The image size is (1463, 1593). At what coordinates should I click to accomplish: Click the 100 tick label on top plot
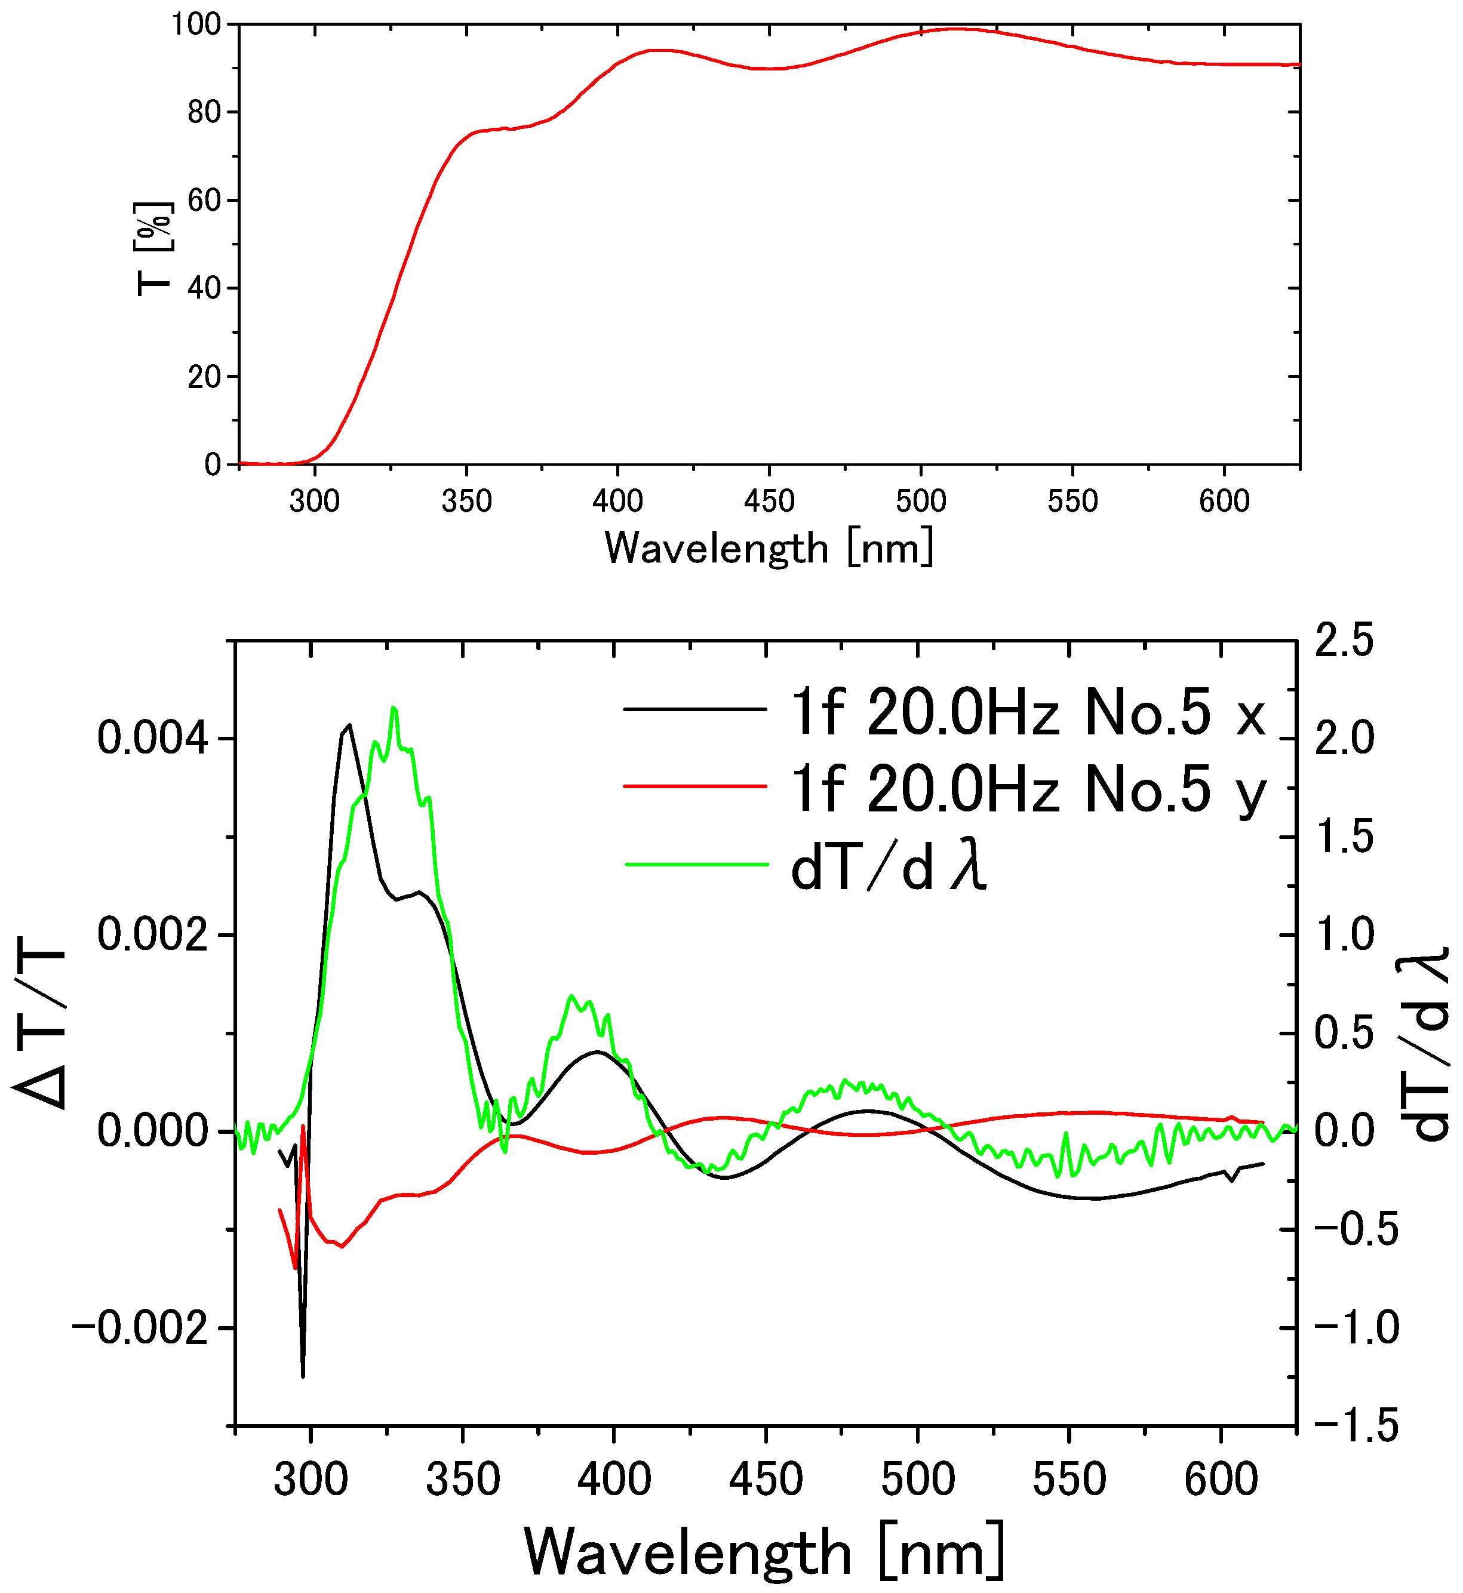tap(196, 24)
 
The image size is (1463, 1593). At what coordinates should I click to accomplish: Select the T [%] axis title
tap(153, 248)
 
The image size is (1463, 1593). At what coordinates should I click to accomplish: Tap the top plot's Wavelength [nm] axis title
tap(769, 548)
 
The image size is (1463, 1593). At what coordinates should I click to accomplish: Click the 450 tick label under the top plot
tap(769, 501)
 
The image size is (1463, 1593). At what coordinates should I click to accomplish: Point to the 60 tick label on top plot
tap(204, 200)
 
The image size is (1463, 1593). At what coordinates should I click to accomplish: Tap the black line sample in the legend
tap(695, 709)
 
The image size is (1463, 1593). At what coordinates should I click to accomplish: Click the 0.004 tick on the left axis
tap(153, 739)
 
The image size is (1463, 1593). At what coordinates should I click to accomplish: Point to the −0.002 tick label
tap(141, 1328)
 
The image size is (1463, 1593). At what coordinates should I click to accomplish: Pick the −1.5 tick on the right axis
tap(1356, 1426)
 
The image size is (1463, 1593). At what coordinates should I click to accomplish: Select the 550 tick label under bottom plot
tap(1069, 1479)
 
